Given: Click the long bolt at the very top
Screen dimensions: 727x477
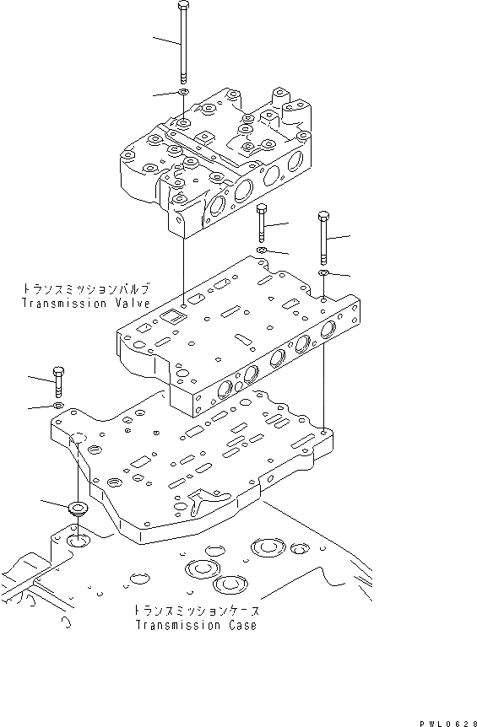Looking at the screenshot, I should point(183,42).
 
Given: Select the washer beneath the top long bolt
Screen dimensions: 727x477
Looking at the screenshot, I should point(183,93).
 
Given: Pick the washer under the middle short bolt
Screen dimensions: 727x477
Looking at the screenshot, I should point(262,251).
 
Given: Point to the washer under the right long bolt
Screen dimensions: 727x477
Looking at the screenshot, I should point(324,273).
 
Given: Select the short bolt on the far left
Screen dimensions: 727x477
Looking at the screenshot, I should point(58,381).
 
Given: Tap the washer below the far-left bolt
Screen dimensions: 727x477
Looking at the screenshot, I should point(58,407).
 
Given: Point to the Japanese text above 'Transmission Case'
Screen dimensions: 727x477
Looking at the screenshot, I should point(195,610).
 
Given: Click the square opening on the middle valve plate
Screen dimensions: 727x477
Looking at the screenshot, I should point(171,317).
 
